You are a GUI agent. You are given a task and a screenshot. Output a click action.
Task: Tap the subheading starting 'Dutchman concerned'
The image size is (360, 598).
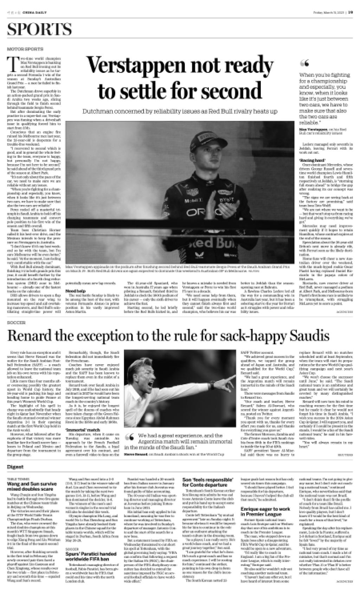pos(180,111)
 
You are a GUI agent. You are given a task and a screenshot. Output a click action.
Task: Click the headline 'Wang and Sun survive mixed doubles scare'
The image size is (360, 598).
pos(32,487)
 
